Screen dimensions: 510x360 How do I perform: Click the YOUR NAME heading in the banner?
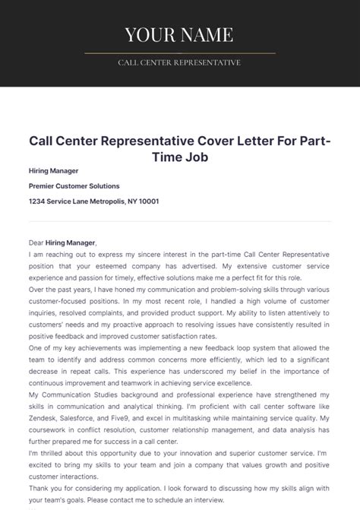[x=179, y=34]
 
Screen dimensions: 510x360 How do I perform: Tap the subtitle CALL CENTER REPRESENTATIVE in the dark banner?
[x=179, y=62]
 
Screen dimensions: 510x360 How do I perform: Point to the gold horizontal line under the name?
[x=179, y=53]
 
